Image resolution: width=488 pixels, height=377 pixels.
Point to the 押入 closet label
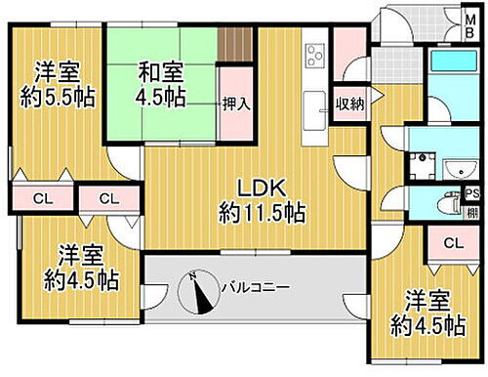pyautogui.click(x=233, y=104)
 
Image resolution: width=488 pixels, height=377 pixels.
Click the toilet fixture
pyautogui.click(x=449, y=204)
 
